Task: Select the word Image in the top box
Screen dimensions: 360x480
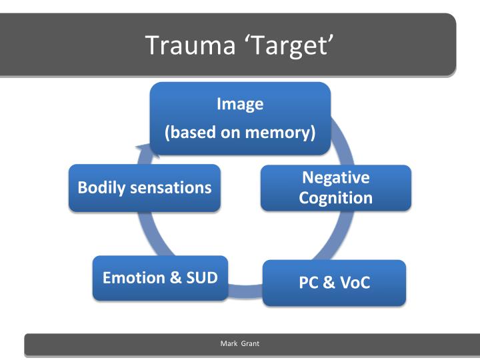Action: coord(240,104)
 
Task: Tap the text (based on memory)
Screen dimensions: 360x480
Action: coord(240,132)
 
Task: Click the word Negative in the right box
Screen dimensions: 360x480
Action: coord(335,177)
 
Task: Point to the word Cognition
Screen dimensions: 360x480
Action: coord(335,198)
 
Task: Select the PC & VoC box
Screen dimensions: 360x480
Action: coord(334,283)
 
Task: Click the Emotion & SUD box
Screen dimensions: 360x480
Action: coord(160,277)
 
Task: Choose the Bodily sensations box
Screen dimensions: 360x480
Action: coord(145,187)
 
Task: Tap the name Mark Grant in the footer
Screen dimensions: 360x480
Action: coord(239,343)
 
